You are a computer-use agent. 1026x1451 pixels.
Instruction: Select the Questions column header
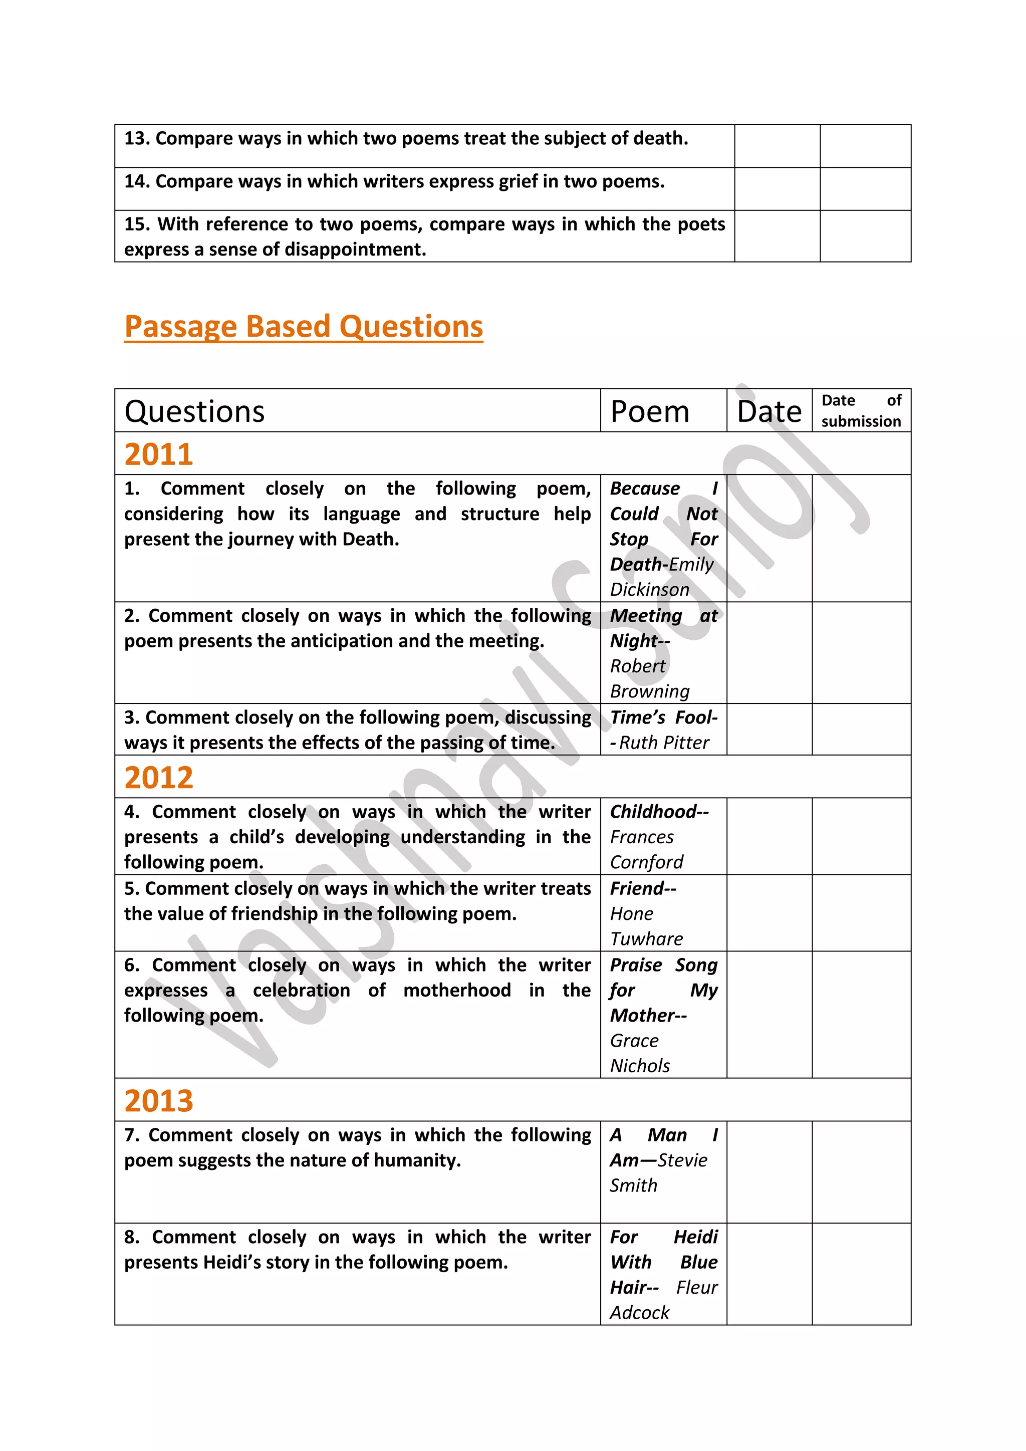click(x=194, y=411)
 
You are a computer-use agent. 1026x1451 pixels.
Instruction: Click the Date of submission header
click(x=861, y=411)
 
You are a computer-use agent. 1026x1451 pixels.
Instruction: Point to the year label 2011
click(x=159, y=454)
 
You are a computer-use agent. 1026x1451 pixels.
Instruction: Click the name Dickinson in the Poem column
click(x=649, y=590)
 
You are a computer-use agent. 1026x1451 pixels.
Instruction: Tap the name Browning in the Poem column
click(x=649, y=691)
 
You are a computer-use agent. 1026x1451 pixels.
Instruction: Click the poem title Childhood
click(x=653, y=812)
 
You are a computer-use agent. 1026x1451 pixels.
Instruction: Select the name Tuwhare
click(x=646, y=939)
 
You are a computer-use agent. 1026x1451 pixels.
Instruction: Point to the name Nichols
click(x=639, y=1066)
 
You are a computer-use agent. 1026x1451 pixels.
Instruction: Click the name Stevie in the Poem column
click(x=682, y=1160)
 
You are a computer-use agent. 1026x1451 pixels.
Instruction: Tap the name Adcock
click(x=639, y=1313)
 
